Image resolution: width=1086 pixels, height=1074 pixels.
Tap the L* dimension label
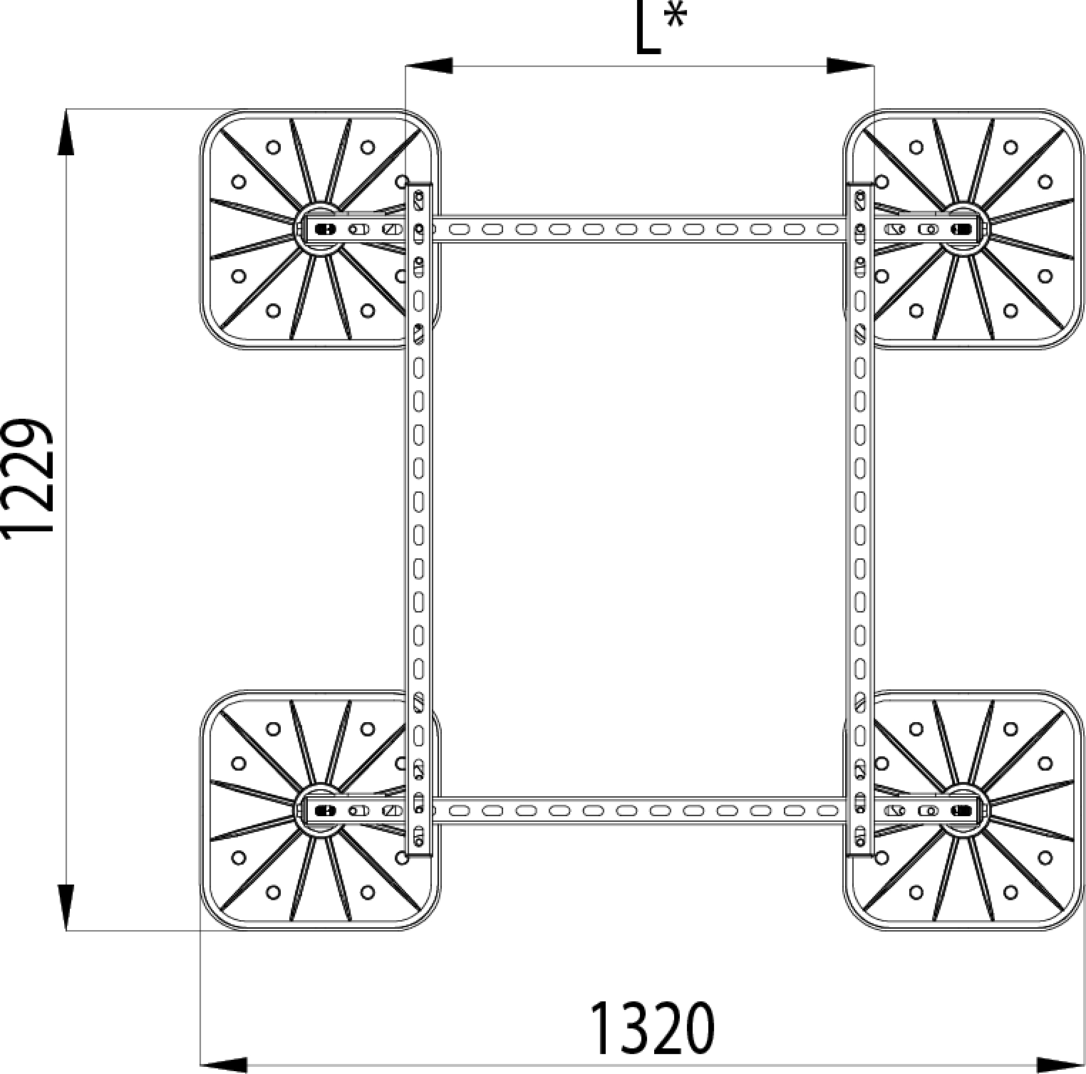660,28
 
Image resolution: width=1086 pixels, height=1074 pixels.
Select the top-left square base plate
320,229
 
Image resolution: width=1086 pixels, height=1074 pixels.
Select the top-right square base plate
963,229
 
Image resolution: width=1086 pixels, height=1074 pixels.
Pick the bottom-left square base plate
320,810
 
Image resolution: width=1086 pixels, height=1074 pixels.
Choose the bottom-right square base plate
963,810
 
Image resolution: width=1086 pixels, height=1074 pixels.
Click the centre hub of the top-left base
320,229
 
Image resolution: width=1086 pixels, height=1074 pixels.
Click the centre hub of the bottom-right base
963,810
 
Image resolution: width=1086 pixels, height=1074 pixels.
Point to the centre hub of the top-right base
963,229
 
